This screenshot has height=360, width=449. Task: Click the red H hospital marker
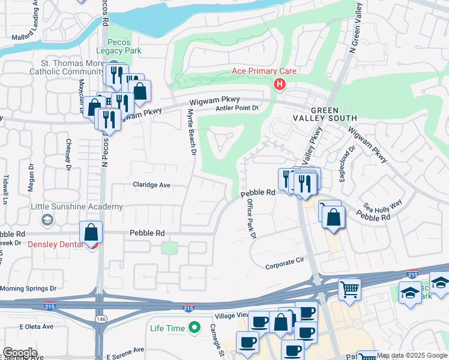[279, 85]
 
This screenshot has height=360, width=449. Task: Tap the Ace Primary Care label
[264, 71]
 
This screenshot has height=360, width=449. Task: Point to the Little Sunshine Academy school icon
[47, 220]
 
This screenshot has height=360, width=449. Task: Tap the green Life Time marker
[194, 328]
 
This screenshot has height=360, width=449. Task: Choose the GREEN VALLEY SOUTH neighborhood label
[324, 115]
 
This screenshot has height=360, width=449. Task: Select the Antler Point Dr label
[237, 108]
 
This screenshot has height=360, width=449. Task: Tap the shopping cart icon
[349, 289]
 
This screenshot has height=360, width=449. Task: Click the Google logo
[20, 352]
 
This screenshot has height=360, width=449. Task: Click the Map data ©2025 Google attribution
[412, 355]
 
